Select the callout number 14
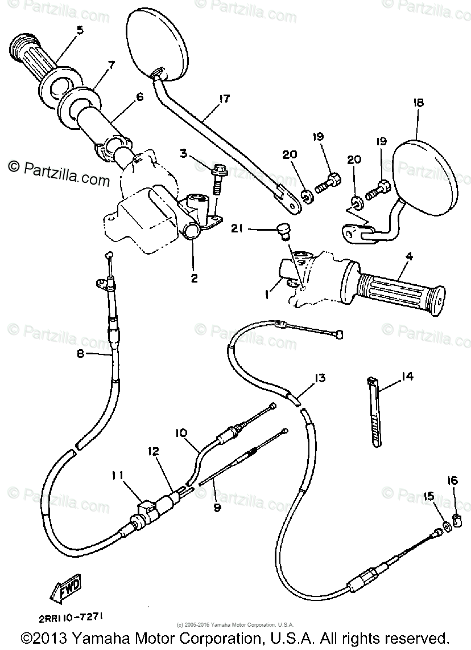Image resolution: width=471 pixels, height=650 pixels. tap(407, 376)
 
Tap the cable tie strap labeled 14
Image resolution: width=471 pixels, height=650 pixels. tap(374, 413)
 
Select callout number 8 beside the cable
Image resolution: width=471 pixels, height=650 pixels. tap(80, 354)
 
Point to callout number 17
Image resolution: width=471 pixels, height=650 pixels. tap(224, 99)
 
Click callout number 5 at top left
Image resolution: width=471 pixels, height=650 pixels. tap(79, 30)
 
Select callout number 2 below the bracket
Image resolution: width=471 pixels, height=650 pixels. tap(195, 278)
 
